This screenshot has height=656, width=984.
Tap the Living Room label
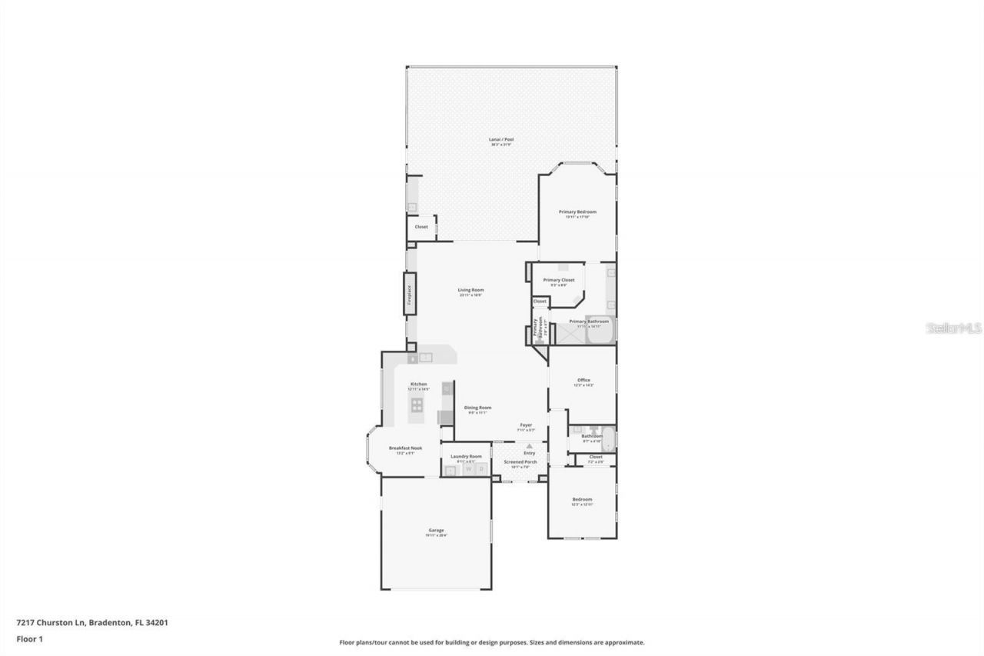coord(471,290)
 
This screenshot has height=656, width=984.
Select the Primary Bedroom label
coord(577,211)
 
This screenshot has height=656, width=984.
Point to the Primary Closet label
coord(558,280)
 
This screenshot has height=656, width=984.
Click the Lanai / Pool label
coord(501,140)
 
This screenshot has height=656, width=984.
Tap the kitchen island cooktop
coord(417,405)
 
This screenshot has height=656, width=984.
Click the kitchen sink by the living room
coord(425,357)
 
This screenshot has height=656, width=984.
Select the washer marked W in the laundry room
coord(467,468)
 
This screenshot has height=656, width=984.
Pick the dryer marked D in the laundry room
coord(481,468)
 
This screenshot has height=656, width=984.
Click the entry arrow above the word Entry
coord(529,446)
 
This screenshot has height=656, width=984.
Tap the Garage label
coord(436,530)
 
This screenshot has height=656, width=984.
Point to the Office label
coord(583,380)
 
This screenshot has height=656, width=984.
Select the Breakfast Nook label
coord(405,448)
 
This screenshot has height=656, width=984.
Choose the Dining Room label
coord(477,408)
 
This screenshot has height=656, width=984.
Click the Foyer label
coord(526,425)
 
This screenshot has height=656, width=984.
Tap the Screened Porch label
coord(520,461)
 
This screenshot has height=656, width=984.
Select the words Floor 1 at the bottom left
coord(29,638)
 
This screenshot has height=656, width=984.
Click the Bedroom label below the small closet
coord(582,499)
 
